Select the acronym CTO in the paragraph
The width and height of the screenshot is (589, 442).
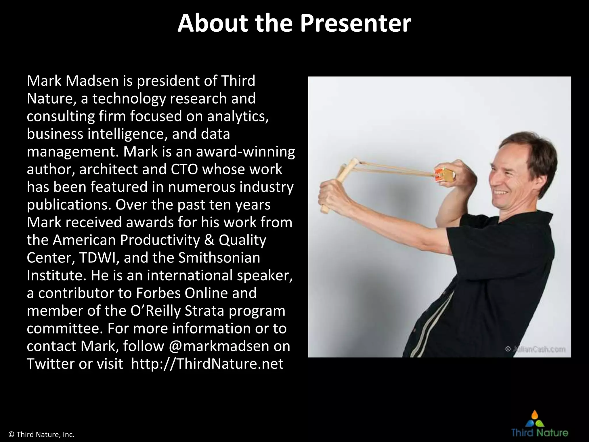coord(184,169)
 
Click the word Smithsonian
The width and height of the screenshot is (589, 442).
coord(219,258)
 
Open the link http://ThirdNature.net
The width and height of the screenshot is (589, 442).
coord(207,364)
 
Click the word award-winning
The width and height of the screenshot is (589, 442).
coord(245,152)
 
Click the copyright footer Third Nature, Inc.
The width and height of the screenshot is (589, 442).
coord(42,435)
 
